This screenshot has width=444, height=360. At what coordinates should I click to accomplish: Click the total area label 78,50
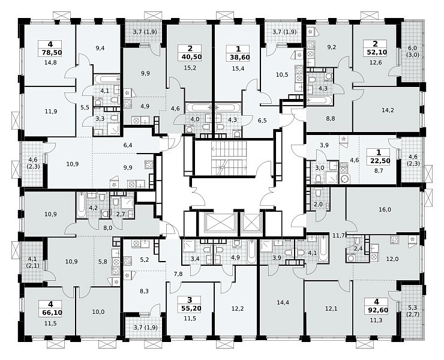(x=50, y=52)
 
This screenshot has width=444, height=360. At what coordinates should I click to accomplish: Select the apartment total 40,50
(x=190, y=56)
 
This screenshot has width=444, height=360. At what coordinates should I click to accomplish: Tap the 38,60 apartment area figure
(x=238, y=57)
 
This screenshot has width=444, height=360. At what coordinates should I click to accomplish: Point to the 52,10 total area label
(x=376, y=52)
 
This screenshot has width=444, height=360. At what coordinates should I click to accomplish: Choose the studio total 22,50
(x=379, y=161)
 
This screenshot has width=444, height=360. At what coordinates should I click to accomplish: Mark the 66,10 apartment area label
(x=50, y=313)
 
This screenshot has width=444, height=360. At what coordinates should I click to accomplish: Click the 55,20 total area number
(x=190, y=308)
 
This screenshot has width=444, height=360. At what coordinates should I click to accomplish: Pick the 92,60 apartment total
(x=377, y=310)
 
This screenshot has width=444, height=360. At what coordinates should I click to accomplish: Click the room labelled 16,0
(x=385, y=209)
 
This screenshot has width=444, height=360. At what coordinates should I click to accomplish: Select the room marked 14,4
(x=283, y=302)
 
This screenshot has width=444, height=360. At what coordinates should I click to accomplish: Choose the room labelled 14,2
(x=388, y=110)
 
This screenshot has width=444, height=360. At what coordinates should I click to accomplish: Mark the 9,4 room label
(x=100, y=48)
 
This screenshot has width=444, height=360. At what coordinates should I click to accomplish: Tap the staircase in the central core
(x=229, y=158)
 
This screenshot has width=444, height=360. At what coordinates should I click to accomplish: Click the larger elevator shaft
(x=217, y=223)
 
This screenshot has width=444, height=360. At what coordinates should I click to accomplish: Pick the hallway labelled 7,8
(x=178, y=274)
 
